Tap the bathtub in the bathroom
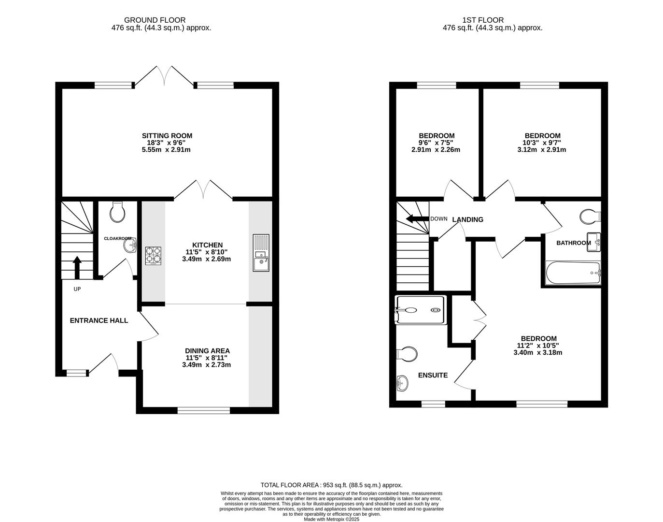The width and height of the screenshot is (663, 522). click(x=573, y=273)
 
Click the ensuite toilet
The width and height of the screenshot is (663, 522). click(x=406, y=354)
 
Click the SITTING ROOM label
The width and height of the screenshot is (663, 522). click(x=167, y=136)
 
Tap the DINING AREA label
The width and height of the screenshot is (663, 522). click(x=207, y=351)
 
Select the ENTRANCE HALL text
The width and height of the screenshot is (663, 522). click(x=99, y=320)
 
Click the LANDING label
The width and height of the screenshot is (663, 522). click(x=467, y=219)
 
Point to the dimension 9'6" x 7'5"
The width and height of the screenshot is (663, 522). click(x=437, y=143)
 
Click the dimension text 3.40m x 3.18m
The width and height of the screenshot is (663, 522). click(x=538, y=352)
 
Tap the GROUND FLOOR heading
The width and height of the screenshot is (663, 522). click(x=155, y=20)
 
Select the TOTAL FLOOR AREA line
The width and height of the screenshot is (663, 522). click(x=331, y=485)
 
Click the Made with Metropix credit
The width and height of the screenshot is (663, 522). click(x=331, y=519)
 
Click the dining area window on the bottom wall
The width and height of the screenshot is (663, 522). click(x=203, y=411)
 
